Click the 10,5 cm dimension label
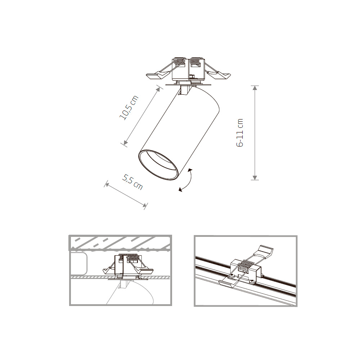point(129,109)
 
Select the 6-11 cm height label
point(240,133)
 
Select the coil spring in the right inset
point(246,267)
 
